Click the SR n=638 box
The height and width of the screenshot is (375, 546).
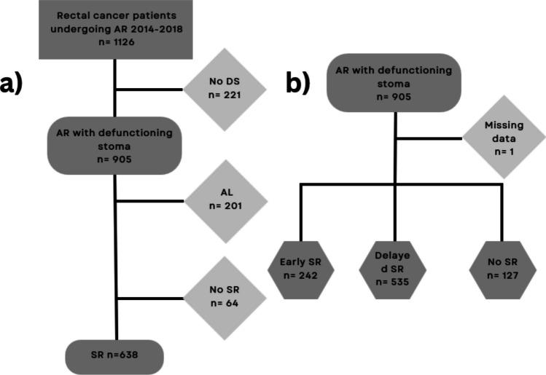coord(115,355)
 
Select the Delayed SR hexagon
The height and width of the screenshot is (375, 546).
coord(397,269)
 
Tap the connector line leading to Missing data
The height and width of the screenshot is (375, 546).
coord(430,139)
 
